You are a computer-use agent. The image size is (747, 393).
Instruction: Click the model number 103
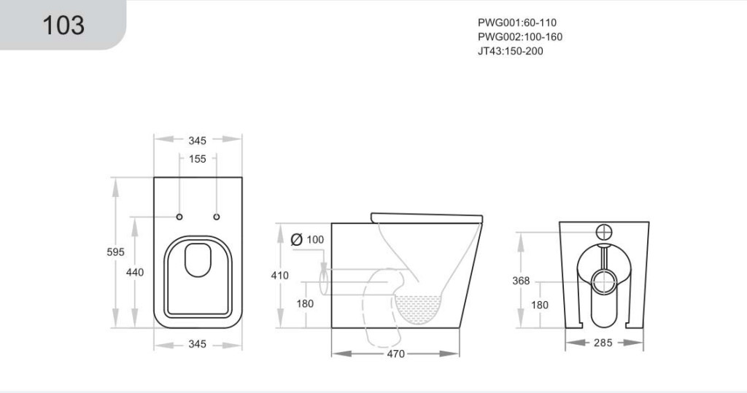click(63, 25)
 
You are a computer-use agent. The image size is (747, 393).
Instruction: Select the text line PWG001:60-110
click(517, 23)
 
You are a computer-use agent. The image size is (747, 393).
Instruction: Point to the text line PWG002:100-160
click(519, 36)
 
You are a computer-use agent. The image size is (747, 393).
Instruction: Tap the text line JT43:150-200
click(510, 51)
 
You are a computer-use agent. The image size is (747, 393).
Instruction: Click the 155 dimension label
click(197, 159)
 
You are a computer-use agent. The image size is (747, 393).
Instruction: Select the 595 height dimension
click(115, 252)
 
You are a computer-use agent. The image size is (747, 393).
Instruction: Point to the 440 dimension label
click(135, 272)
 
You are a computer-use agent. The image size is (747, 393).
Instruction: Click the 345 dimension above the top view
click(197, 141)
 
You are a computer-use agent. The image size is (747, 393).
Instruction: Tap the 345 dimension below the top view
click(197, 344)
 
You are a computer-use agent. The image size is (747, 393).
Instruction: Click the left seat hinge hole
click(179, 217)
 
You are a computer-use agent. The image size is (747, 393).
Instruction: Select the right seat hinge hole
click(216, 217)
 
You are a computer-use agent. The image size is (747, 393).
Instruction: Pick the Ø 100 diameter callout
click(307, 239)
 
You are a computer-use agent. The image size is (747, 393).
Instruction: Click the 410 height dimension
click(279, 276)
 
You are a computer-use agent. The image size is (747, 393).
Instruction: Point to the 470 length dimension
click(395, 354)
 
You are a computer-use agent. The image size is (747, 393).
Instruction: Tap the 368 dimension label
click(521, 281)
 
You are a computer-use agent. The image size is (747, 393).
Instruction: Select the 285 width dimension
click(603, 343)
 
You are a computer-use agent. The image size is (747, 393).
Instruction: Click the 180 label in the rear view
click(540, 305)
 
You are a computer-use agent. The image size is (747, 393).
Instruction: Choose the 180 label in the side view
click(305, 303)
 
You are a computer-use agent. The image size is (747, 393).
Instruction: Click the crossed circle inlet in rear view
click(603, 233)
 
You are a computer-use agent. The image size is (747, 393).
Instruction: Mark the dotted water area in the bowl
click(419, 308)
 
